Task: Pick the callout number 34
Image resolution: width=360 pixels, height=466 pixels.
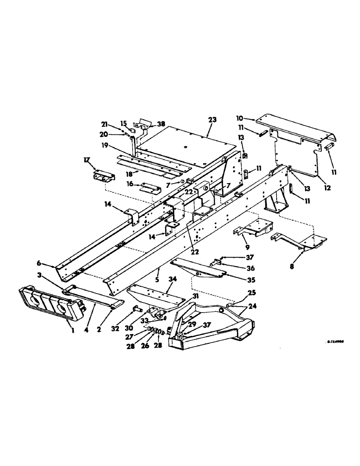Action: click(172, 279)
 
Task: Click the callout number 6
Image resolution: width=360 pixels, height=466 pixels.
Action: click(50, 264)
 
